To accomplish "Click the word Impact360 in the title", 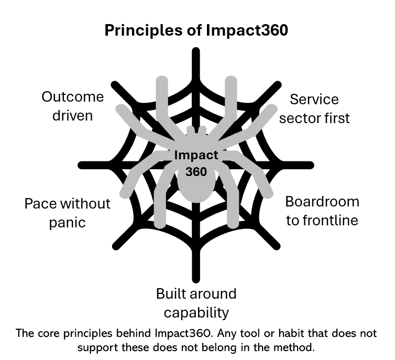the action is click(246, 30).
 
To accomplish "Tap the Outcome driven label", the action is click(73, 106).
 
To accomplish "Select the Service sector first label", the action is click(314, 108).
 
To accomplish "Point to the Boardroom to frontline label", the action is click(322, 211).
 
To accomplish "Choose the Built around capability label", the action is click(196, 303).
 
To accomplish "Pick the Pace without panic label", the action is click(68, 212).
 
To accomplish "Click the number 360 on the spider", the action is click(196, 171).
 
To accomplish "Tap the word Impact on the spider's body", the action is click(196, 156).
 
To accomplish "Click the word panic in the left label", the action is click(68, 222).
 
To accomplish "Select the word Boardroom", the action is click(322, 201).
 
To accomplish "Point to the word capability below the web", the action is click(196, 313).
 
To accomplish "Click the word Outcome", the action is click(73, 97).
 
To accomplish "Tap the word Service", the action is click(314, 99).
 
